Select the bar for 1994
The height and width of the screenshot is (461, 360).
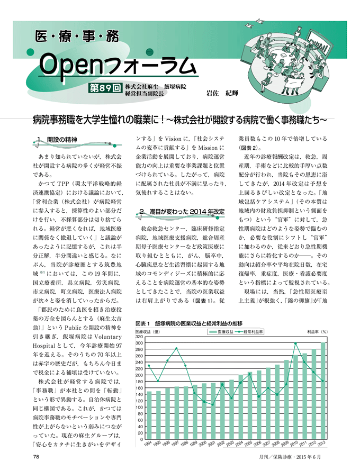[x=149, y=415]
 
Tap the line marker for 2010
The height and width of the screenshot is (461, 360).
[x=296, y=344]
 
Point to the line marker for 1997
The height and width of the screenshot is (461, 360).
[x=176, y=348]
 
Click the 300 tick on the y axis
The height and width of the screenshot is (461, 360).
[x=139, y=343]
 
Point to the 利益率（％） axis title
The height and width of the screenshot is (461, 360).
[x=317, y=331]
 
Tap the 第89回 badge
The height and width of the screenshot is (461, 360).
[x=106, y=88]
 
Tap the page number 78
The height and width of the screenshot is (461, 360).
[x=37, y=456]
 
